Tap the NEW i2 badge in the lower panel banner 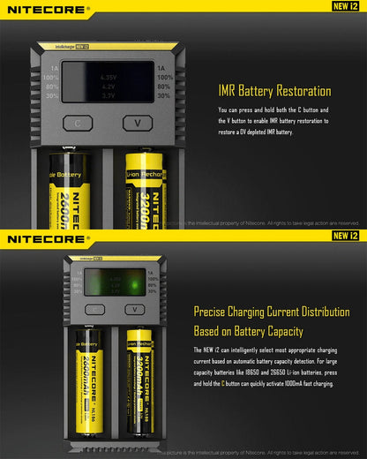[344, 236]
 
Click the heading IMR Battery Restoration [274, 91]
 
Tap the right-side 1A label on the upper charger [161, 66]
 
